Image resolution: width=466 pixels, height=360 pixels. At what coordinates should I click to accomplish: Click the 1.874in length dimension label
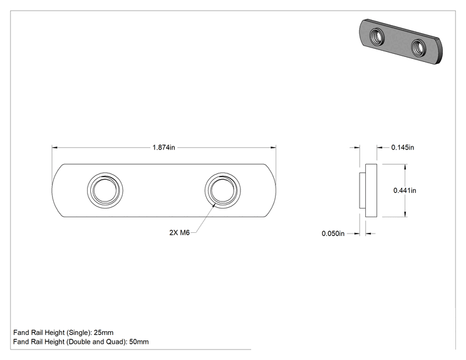pyautogui.click(x=163, y=147)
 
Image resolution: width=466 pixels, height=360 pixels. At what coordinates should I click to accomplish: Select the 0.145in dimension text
pyautogui.click(x=402, y=147)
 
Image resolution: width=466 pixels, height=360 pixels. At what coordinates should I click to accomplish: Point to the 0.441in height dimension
pyautogui.click(x=405, y=190)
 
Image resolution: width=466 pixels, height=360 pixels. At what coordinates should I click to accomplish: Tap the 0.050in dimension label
pyautogui.click(x=333, y=234)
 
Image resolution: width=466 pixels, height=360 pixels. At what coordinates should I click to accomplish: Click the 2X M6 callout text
pyautogui.click(x=180, y=232)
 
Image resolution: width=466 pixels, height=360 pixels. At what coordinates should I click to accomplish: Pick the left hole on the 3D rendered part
pyautogui.click(x=377, y=36)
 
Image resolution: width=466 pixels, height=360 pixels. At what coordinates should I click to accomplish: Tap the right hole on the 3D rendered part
pyautogui.click(x=419, y=47)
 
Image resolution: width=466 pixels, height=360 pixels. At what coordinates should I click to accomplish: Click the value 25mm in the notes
pyautogui.click(x=103, y=332)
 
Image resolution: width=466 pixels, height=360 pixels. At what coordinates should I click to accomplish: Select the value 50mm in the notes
pyautogui.click(x=139, y=342)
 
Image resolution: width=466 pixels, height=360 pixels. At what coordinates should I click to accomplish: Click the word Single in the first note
pyautogui.click(x=78, y=332)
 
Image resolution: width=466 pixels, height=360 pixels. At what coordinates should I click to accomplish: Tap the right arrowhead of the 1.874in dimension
pyautogui.click(x=273, y=147)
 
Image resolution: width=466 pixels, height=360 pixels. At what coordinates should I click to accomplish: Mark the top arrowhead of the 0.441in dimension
pyautogui.click(x=405, y=167)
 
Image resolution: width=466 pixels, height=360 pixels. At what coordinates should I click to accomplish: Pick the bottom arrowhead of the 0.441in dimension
pyautogui.click(x=405, y=214)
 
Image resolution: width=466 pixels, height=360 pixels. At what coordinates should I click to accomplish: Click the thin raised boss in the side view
pyautogui.click(x=362, y=190)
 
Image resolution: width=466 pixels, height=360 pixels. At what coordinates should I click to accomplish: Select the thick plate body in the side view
pyautogui.click(x=371, y=190)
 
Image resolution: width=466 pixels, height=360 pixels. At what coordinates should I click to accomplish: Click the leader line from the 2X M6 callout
pyautogui.click(x=205, y=218)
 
